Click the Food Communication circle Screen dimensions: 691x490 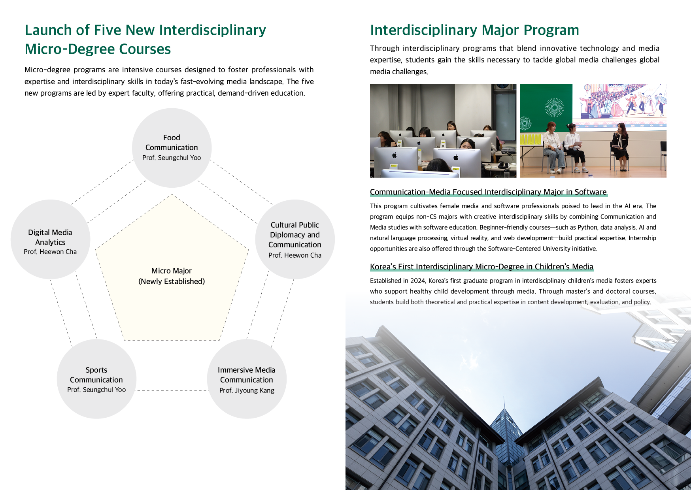pyautogui.click(x=172, y=147)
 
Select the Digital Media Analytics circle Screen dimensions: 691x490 pyautogui.click(x=50, y=239)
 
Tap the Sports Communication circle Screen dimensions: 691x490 pyautogui.click(x=96, y=379)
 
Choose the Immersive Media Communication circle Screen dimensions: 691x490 pyautogui.click(x=247, y=379)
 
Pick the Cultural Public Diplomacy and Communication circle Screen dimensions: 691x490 pyautogui.click(x=295, y=239)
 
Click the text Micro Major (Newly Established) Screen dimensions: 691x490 pyautogui.click(x=172, y=276)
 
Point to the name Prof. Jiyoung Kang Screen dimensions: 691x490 pyautogui.click(x=247, y=390)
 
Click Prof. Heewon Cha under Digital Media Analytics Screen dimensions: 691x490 pyautogui.click(x=50, y=252)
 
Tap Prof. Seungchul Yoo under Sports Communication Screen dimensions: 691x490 pyautogui.click(x=96, y=390)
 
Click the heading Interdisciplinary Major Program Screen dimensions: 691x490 pyautogui.click(x=474, y=30)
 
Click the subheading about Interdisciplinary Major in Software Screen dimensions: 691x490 pyautogui.click(x=488, y=192)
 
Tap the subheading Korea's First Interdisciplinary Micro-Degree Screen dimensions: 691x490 pyautogui.click(x=481, y=267)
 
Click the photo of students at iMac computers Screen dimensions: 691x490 pyautogui.click(x=443, y=130)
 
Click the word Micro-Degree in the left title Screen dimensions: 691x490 pyautogui.click(x=70, y=49)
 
